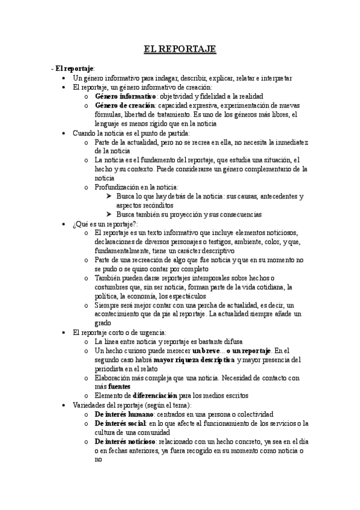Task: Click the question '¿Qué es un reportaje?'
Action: tap(105, 224)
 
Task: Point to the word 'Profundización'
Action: tap(118, 187)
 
